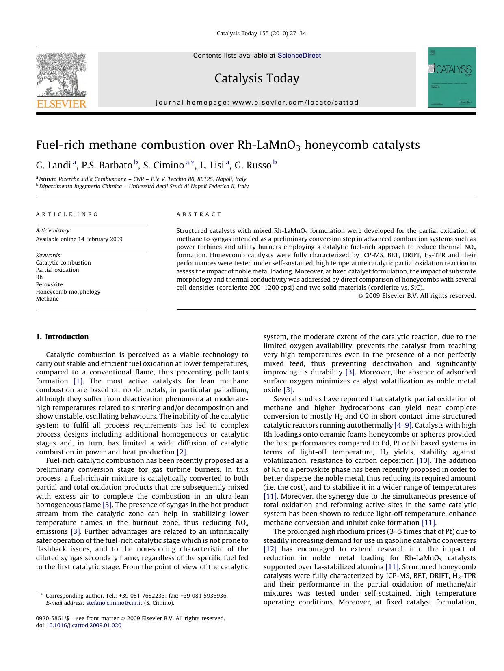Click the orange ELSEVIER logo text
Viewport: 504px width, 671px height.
pos(61,104)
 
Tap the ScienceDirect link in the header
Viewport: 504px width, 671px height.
pos(299,56)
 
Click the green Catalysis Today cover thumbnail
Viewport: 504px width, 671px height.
pos(452,77)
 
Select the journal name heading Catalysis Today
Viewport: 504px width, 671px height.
pos(257,78)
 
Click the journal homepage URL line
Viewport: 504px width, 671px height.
pos(257,103)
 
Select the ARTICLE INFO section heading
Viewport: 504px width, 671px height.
pos(67,214)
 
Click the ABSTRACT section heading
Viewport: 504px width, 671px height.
pos(199,214)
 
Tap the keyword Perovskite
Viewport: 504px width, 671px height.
pos(49,284)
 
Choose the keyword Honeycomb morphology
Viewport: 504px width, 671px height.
pos(68,292)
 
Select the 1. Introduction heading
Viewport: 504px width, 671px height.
pos(62,337)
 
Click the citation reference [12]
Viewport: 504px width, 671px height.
pos(270,549)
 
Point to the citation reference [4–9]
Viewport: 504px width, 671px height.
pos(403,425)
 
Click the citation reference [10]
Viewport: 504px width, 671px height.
pos(423,460)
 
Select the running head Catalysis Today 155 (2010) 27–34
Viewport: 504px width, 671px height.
pos(261,33)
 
